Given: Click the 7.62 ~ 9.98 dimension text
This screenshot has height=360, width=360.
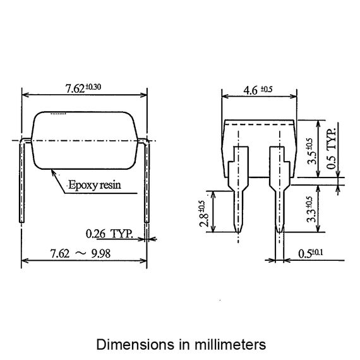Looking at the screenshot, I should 83,253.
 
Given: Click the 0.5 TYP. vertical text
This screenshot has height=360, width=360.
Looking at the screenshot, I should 333,147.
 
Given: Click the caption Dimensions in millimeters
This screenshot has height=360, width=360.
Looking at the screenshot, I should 181,345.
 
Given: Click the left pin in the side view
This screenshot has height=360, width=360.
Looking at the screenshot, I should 238,189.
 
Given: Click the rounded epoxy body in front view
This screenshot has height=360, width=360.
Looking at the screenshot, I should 85,140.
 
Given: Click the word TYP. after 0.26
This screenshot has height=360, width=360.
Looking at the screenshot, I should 122,234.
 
